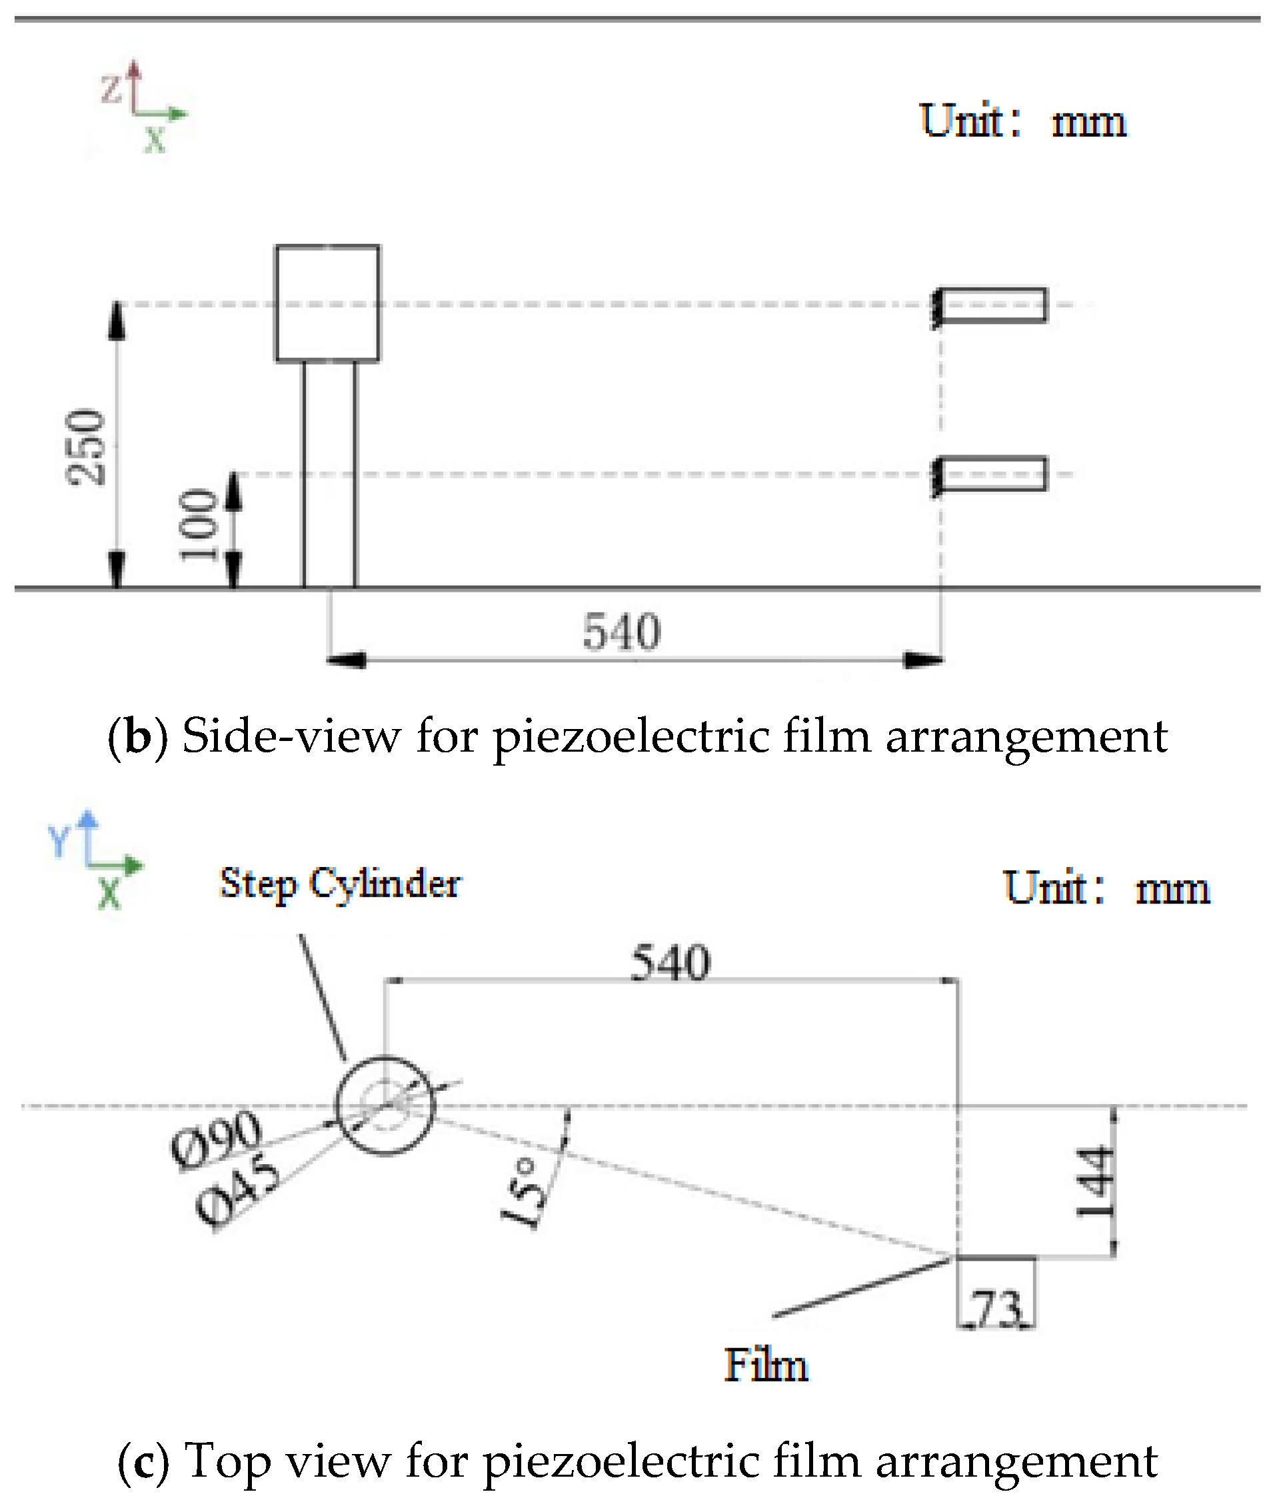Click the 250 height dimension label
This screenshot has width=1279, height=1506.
pyautogui.click(x=85, y=446)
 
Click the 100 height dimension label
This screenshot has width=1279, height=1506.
pyautogui.click(x=198, y=524)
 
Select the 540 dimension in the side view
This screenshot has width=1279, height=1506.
pyautogui.click(x=621, y=631)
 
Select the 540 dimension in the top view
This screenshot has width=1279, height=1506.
pyautogui.click(x=670, y=963)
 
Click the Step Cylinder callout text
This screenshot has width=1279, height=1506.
pyautogui.click(x=339, y=884)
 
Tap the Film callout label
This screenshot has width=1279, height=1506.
pyautogui.click(x=766, y=1365)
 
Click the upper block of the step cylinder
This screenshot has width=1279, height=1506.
pyautogui.click(x=327, y=303)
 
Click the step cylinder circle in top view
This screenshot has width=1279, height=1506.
pyautogui.click(x=385, y=1106)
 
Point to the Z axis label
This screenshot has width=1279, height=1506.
pyautogui.click(x=111, y=89)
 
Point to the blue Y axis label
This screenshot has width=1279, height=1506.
pyautogui.click(x=57, y=842)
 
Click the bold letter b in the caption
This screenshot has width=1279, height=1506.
pyautogui.click(x=137, y=736)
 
